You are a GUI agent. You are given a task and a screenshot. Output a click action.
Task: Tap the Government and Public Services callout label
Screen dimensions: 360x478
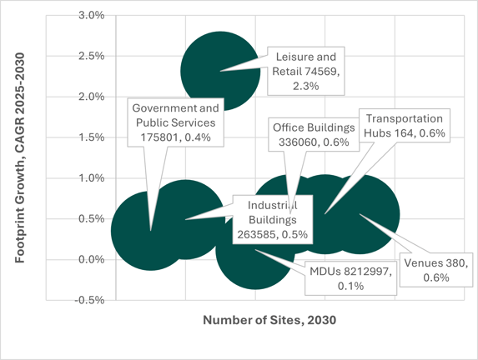coord(174,123)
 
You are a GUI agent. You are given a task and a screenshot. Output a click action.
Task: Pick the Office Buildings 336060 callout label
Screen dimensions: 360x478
coord(314,135)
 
